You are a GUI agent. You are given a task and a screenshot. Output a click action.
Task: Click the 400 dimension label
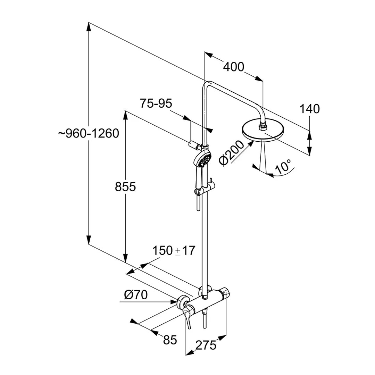tap(233, 67)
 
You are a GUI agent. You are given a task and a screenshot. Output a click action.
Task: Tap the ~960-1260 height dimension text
tap(89, 133)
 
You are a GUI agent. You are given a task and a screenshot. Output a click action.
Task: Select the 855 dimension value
tap(125, 187)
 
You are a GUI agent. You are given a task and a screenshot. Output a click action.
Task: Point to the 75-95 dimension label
tap(156, 103)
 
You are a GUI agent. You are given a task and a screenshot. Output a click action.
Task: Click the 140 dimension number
tap(309, 109)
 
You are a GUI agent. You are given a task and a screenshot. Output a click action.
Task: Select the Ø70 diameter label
tap(136, 295)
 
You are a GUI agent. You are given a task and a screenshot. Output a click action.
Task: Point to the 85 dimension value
tap(170, 340)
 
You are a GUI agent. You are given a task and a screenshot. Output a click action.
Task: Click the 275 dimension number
tap(206, 345)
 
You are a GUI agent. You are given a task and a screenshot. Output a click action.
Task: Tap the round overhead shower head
tap(263, 133)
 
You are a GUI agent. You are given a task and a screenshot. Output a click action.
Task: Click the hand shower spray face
tap(203, 159)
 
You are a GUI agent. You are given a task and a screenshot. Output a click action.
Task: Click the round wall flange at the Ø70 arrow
tap(181, 302)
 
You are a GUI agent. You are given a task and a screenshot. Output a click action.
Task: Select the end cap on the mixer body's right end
tap(226, 293)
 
